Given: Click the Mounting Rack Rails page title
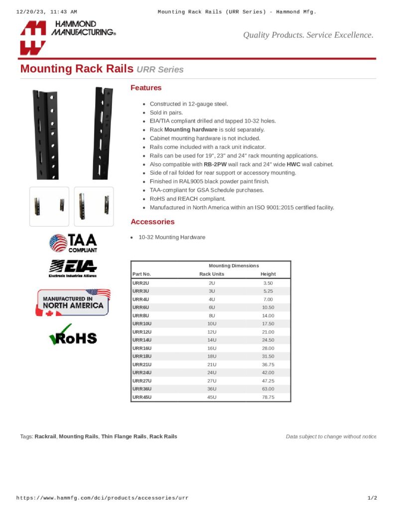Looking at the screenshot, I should tap(77, 69).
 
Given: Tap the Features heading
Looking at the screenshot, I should tap(146, 88).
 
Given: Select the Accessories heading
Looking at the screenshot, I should tap(152, 222).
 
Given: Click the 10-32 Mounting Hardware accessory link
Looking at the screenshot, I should tap(172, 237).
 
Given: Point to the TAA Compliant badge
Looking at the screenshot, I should tap(73, 243).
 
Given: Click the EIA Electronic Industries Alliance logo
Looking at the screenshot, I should tap(73, 268).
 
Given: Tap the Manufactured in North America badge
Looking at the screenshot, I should tap(73, 302).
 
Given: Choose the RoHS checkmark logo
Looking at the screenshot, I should tap(73, 335).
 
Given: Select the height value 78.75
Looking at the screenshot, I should tap(268, 397).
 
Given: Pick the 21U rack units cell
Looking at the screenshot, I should tap(212, 365).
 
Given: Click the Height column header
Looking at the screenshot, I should tap(268, 274).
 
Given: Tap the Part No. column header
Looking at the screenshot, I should tap(141, 274).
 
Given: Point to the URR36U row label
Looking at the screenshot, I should tap(141, 388).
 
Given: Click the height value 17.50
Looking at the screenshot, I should tap(268, 324).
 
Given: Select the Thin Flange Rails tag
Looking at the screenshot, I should tap(124, 436).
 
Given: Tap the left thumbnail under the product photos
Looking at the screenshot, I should tap(49, 206).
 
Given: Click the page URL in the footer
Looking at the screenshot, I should tap(103, 498).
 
